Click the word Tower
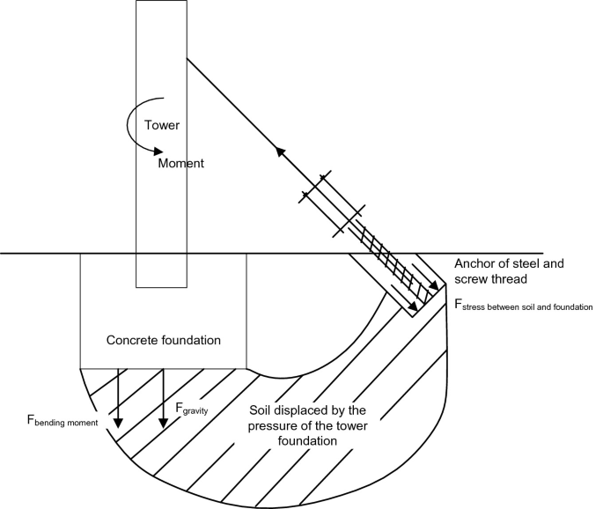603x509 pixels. pyautogui.click(x=163, y=126)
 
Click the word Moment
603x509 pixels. pyautogui.click(x=181, y=164)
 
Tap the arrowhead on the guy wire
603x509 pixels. pyautogui.click(x=281, y=151)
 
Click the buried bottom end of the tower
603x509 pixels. pyautogui.click(x=161, y=284)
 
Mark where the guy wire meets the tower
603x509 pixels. pyautogui.click(x=187, y=58)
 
